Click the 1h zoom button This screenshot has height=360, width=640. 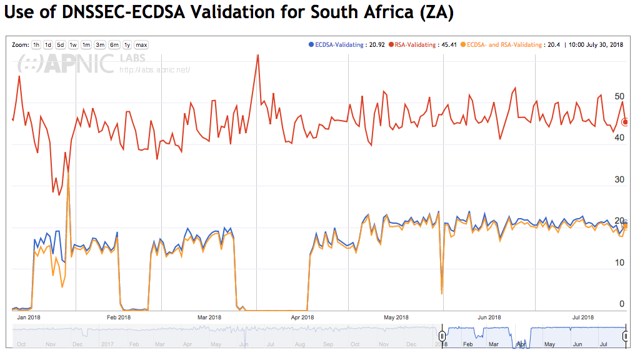pyautogui.click(x=36, y=45)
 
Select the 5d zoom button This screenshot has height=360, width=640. pyautogui.click(x=61, y=45)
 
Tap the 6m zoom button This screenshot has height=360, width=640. pyautogui.click(x=114, y=45)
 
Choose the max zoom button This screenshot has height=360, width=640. pyautogui.click(x=141, y=45)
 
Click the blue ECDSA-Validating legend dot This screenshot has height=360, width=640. pyautogui.click(x=311, y=44)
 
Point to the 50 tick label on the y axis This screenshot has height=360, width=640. pyautogui.click(x=619, y=97)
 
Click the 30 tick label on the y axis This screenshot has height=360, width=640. pyautogui.click(x=619, y=179)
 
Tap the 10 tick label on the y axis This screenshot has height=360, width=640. pyautogui.click(x=619, y=262)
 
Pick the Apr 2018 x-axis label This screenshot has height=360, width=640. pyautogui.click(x=302, y=317)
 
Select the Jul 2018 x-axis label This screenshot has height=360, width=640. pyautogui.click(x=583, y=317)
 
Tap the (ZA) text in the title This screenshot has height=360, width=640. pyautogui.click(x=436, y=13)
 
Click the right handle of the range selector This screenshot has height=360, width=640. pyautogui.click(x=626, y=336)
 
